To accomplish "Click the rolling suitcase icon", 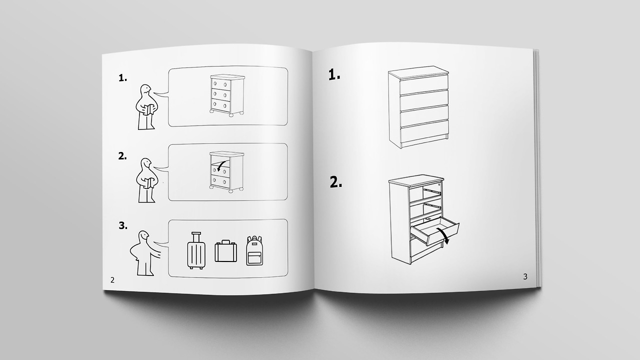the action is pos(196,250).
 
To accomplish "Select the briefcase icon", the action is pos(225,251).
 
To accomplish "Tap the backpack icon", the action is pos(254,250).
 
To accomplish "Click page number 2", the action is pos(112,280).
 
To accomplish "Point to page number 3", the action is pos(525,276).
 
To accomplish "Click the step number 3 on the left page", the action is pos(123,225).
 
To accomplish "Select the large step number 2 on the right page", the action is pos(336,182).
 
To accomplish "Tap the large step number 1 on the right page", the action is pos(334,74).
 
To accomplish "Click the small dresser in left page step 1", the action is pos(227,95).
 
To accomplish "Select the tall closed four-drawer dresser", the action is pos(418,107).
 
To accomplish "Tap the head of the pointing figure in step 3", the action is pos(143,236).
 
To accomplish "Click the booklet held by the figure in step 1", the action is pos(148,109).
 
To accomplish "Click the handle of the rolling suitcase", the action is pos(196,236).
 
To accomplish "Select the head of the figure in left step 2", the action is pos(146,164).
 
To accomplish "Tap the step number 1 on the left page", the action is pos(123,78).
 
